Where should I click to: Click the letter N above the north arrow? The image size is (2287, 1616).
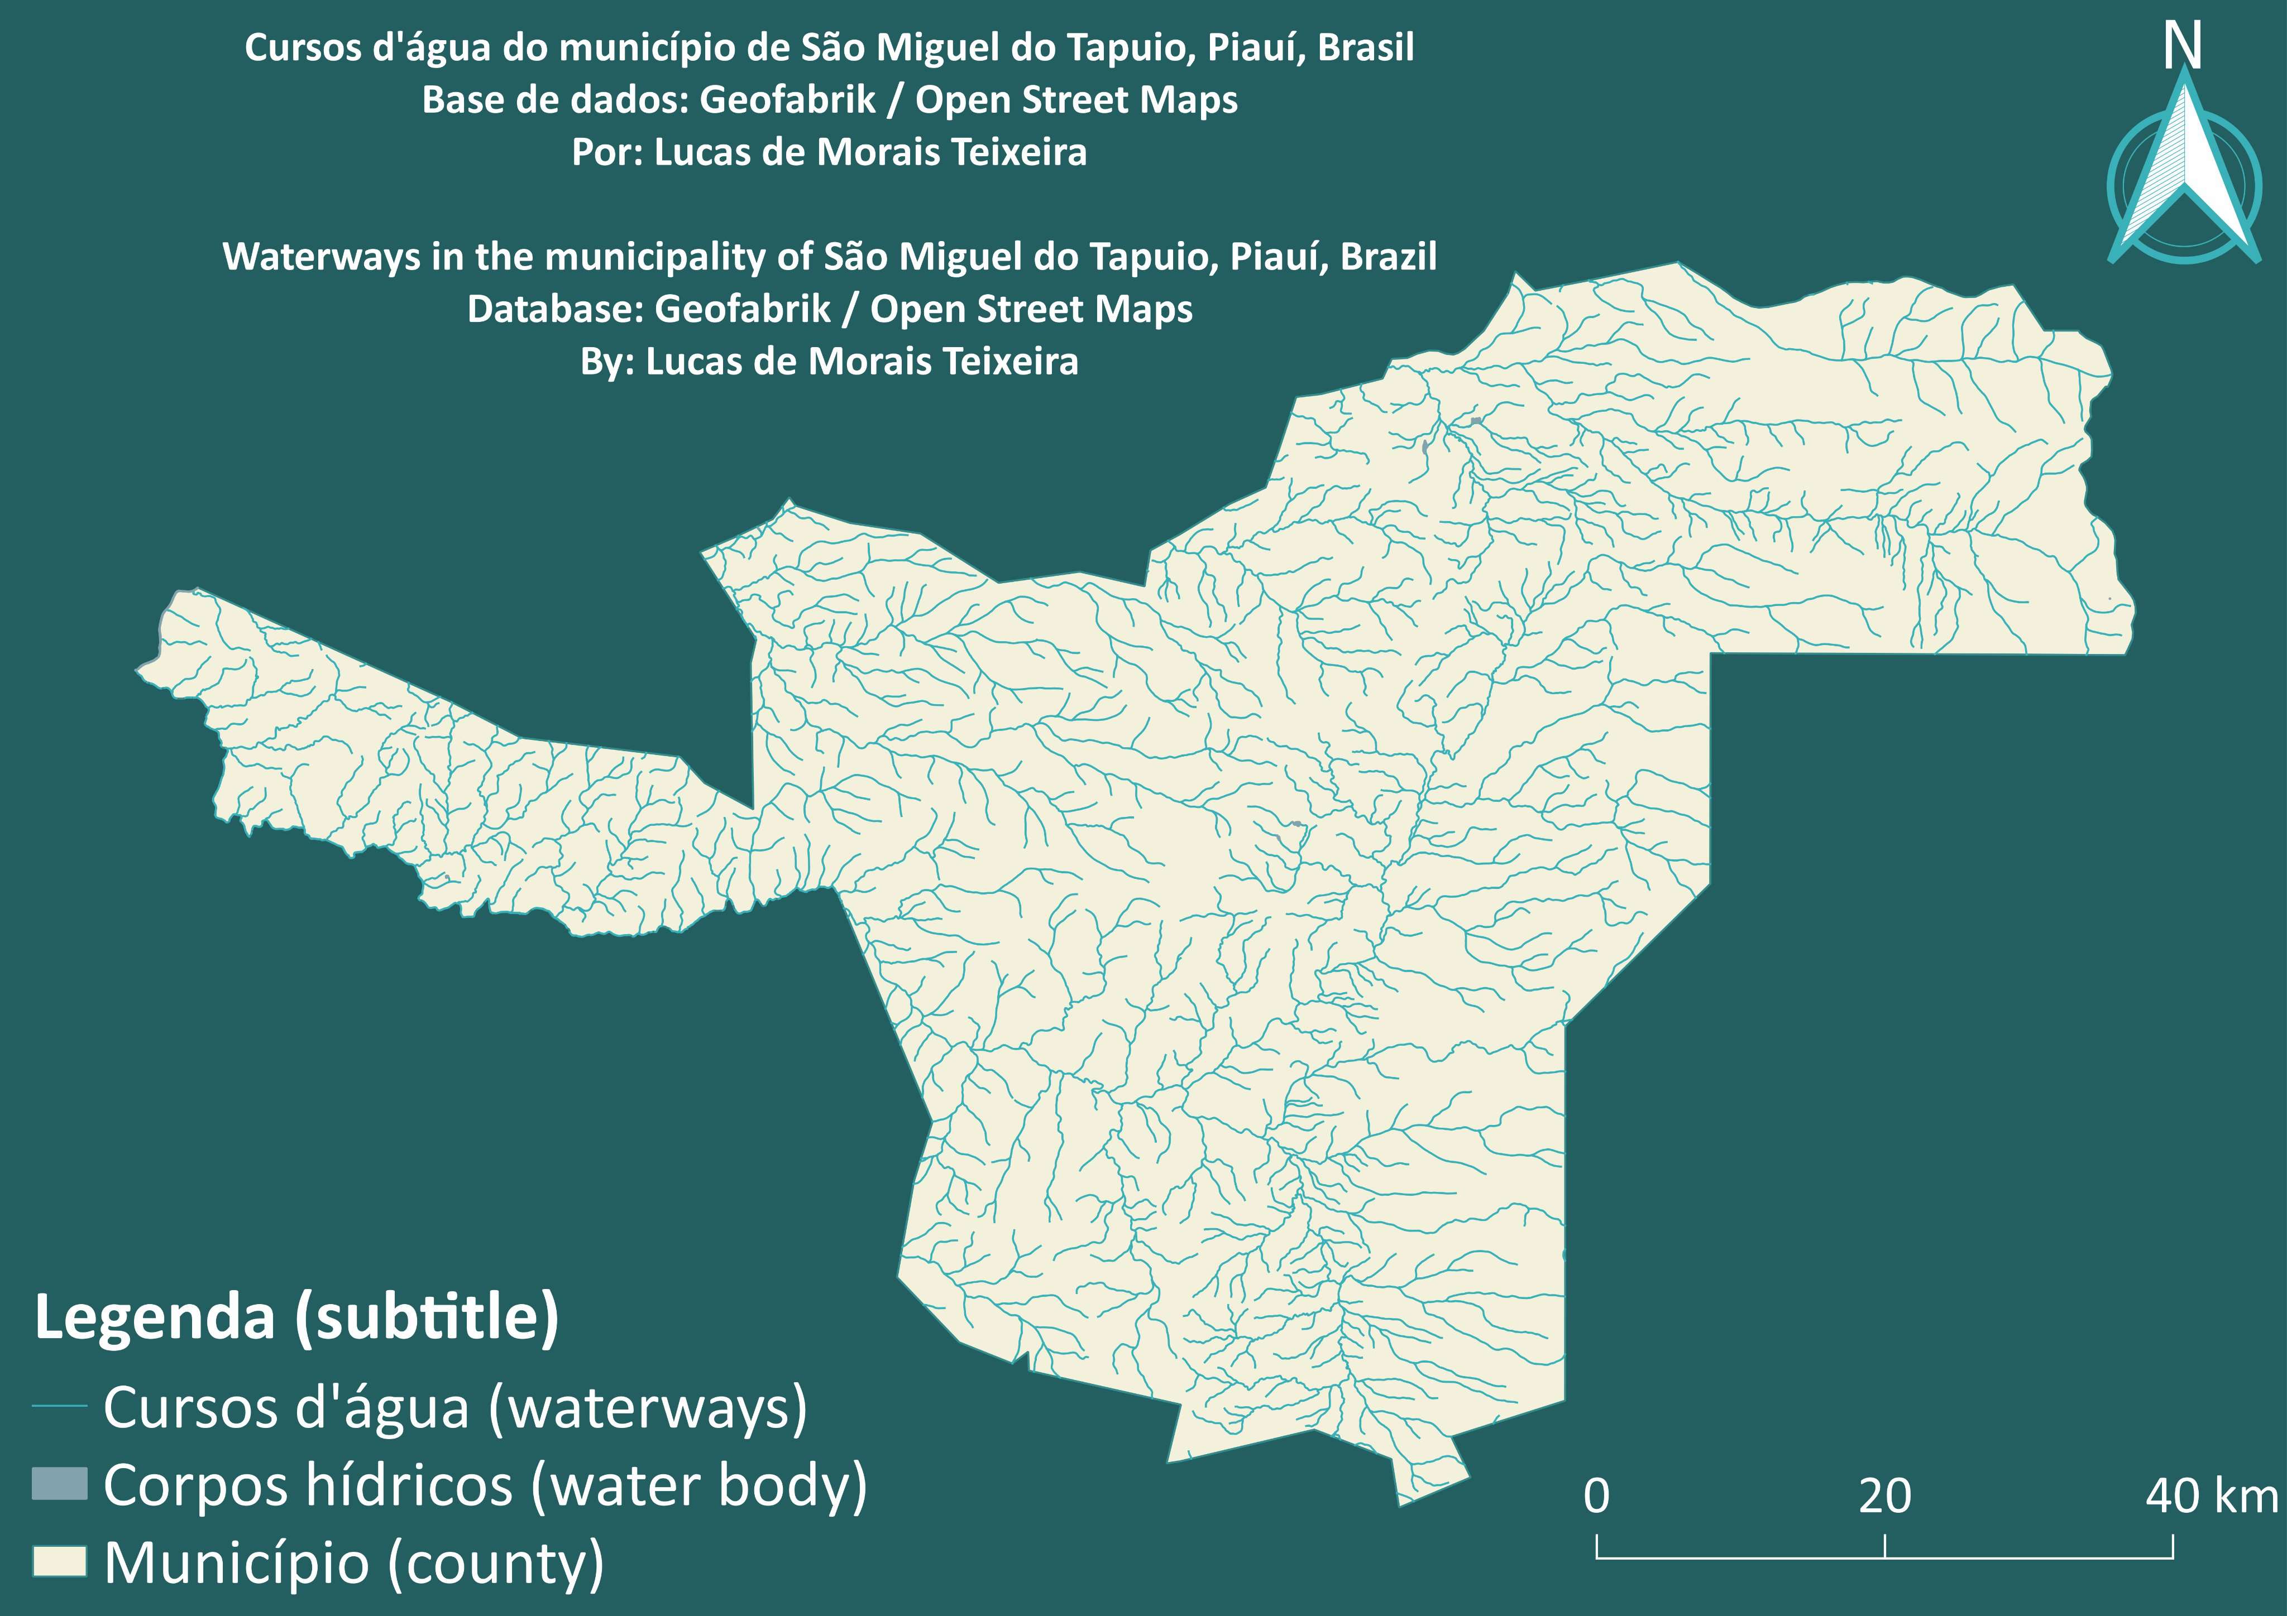2181,47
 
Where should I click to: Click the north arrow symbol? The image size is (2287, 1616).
2183,174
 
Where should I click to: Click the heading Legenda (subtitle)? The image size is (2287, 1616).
296,1317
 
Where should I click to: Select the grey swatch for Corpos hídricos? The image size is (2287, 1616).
60,1484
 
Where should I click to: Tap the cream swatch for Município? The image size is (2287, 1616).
60,1561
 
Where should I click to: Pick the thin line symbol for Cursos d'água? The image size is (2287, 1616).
60,1406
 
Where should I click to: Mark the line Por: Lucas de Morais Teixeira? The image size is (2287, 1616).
829,152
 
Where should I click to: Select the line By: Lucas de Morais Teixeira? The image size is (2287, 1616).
829,362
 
